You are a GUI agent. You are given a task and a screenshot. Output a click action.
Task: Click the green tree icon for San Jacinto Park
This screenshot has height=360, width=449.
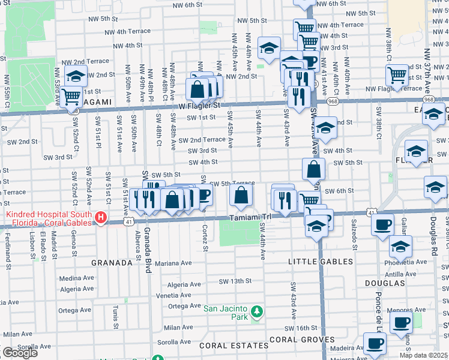257,311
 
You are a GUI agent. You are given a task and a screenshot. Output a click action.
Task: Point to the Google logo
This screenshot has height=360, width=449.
20,352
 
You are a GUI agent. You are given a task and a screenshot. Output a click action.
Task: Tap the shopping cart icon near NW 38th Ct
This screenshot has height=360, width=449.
397,75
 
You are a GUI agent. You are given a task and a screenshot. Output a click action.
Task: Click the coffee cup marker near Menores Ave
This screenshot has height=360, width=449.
401,321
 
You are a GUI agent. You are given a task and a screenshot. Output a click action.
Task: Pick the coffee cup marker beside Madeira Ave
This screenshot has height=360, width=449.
375,343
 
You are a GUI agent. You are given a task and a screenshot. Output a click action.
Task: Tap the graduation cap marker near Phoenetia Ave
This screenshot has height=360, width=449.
400,245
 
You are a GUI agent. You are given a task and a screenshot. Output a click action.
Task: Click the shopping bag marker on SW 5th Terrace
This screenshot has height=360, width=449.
241,194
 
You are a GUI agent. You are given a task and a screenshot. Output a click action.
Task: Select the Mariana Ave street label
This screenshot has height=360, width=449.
173,263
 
